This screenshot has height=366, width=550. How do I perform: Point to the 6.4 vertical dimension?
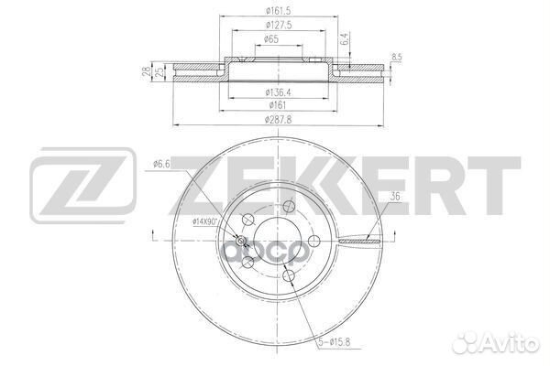tap(345, 40)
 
